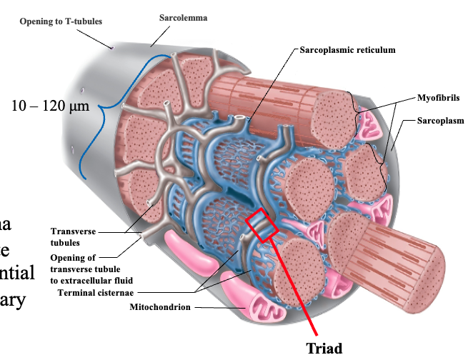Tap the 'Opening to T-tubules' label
coord(61,21)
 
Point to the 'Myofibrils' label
coord(439,97)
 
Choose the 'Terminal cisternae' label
coord(99,292)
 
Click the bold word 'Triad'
coord(324,349)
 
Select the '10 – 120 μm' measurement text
coord(49,107)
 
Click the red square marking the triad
coord(261,226)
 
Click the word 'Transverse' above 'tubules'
coord(73,231)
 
